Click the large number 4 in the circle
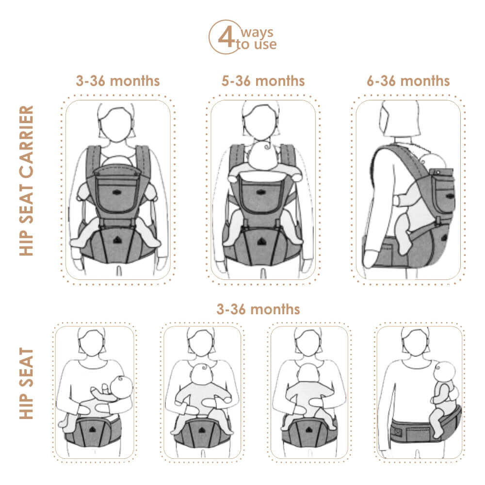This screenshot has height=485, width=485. [225, 37]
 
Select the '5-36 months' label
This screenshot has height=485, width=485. [263, 81]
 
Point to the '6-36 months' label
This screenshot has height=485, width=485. [408, 81]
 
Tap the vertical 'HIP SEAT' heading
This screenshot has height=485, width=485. [27, 383]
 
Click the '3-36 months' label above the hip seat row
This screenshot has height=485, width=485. [258, 309]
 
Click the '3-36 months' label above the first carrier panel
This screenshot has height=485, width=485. [118, 81]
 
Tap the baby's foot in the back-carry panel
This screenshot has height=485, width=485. [404, 247]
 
